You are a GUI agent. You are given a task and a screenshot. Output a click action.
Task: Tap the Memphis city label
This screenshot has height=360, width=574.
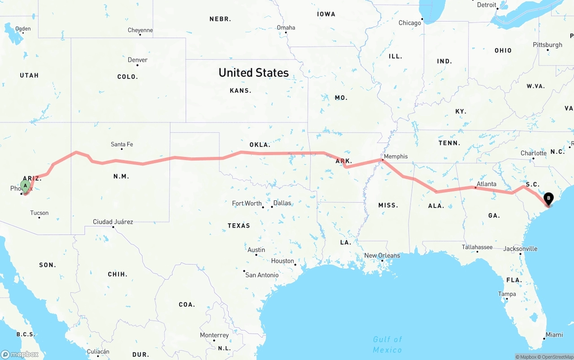coord(396,156)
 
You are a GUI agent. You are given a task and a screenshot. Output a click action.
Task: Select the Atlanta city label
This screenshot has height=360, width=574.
coord(487,184)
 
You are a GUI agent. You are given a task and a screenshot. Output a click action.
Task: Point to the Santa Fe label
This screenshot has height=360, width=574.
coord(122,144)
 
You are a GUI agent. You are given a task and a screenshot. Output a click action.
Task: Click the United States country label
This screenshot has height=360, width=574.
coord(253,73)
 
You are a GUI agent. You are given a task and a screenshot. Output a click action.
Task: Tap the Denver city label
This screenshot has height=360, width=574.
coord(137,60)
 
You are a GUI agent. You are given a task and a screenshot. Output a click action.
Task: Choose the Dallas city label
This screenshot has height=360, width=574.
coord(282,203)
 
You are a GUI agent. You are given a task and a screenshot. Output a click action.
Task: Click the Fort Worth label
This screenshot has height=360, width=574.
coord(247,204)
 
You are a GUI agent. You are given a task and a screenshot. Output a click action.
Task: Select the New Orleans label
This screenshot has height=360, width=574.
coord(382,256)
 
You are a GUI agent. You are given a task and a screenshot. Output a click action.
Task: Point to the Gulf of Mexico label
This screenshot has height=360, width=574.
coord(387,344)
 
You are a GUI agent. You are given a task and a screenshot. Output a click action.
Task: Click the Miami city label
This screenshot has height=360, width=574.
coord(554,335)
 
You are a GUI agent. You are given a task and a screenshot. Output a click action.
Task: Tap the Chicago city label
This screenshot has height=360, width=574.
coord(410,23)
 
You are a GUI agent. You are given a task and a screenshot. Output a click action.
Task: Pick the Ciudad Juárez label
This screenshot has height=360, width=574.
coord(113,221)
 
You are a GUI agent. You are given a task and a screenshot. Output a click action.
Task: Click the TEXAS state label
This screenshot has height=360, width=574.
coord(239,226)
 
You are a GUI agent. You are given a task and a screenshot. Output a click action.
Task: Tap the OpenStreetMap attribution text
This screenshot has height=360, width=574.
coord(557,357)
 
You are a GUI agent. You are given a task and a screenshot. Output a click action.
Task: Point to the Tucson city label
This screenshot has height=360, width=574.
coord(39,213)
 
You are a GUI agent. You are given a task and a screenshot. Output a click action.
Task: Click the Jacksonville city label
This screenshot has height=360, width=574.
coord(520,249)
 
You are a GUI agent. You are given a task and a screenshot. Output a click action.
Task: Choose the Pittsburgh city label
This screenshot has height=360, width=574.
coord(547,45)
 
